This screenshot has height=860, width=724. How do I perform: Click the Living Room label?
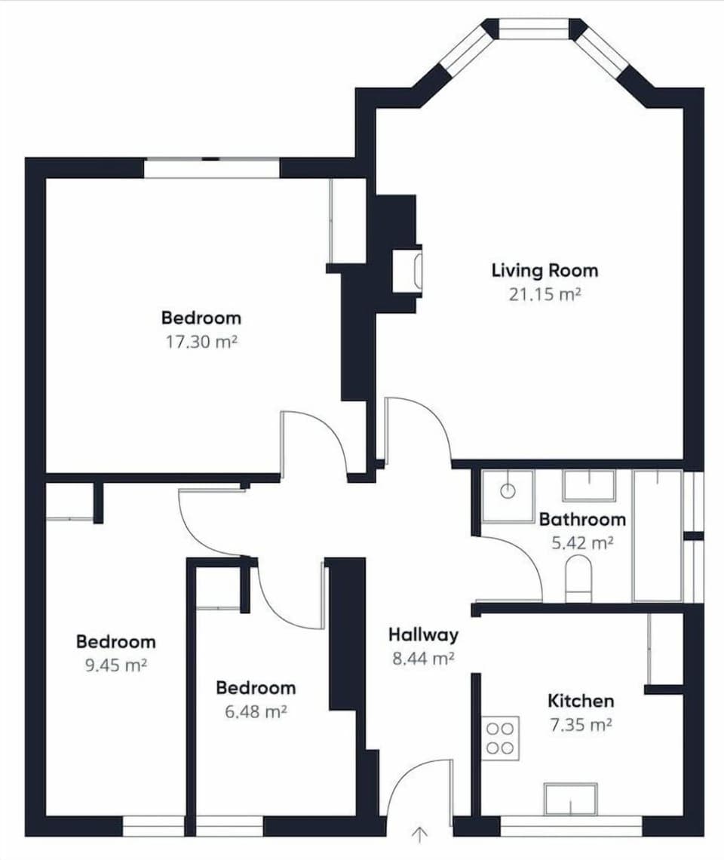tap(545, 270)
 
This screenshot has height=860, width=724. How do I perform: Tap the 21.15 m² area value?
tap(545, 294)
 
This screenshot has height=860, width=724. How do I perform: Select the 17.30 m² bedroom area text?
tap(201, 342)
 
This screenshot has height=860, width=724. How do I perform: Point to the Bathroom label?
tap(582, 519)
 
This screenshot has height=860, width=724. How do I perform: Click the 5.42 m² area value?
tap(582, 542)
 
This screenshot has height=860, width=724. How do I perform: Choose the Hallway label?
tap(423, 634)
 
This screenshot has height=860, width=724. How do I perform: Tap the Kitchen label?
tap(581, 701)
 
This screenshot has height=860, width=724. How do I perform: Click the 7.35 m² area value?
tap(579, 725)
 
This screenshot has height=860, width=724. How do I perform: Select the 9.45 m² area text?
tap(115, 665)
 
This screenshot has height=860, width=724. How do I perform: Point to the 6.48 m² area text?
tap(256, 711)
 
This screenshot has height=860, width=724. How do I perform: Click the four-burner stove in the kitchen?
tap(501, 738)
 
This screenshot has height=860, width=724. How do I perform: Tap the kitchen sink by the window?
tap(571, 799)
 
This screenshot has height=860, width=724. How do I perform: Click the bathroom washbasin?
tap(589, 486)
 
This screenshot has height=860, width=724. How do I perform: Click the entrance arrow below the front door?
tap(420, 834)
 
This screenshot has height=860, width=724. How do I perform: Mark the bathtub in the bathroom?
tap(658, 535)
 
